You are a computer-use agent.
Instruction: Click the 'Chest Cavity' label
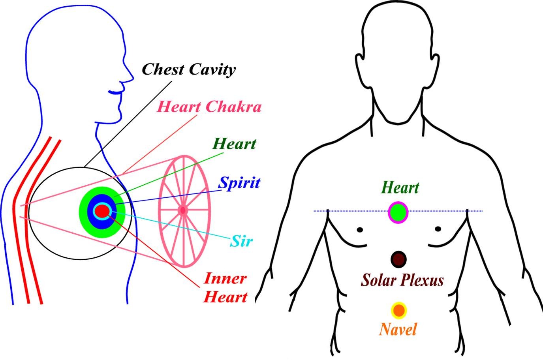coord(188,69)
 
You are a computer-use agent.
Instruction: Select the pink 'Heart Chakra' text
coord(209,107)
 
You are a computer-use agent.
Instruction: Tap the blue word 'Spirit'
coord(239,183)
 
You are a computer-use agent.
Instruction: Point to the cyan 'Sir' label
coord(241,241)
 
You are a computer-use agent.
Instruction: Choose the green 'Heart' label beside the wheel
coord(234,144)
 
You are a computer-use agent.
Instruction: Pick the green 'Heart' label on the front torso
coord(400,187)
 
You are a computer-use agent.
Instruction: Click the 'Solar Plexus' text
coord(402,280)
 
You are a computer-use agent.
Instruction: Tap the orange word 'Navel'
coord(398,329)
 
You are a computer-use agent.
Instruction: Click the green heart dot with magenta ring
coord(398,212)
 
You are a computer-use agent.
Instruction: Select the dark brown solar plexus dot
coord(398,259)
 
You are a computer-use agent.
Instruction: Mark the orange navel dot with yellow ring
coord(399,311)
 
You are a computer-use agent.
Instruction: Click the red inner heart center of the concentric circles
coord(101,212)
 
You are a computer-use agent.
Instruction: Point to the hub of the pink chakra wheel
coord(183,210)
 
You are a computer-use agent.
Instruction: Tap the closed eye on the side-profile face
coord(115,92)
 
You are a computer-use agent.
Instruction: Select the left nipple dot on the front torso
coord(360,229)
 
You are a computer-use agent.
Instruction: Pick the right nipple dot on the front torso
coord(438,229)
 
